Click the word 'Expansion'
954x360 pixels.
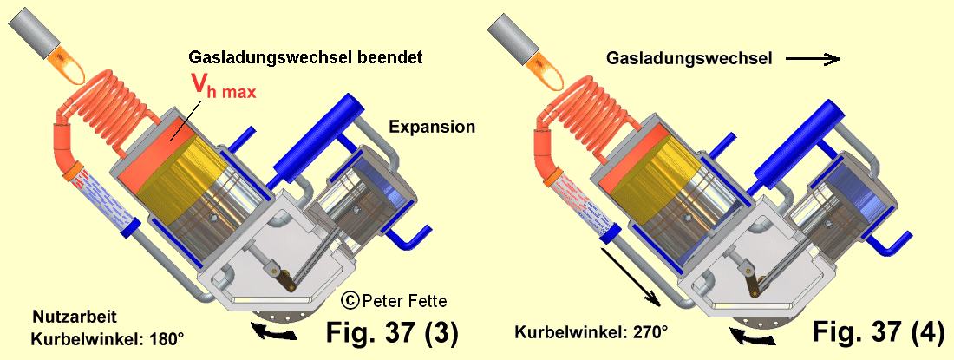coord(432,127)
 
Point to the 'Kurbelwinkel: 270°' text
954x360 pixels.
coord(591,331)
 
